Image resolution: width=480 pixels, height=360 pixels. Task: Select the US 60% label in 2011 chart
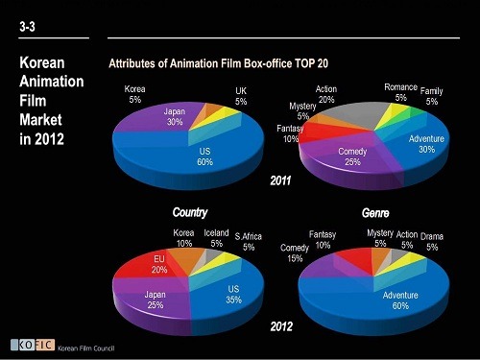pos(205,156)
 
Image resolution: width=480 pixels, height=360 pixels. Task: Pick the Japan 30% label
pos(175,116)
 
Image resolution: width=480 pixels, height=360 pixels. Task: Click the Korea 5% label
pos(135,93)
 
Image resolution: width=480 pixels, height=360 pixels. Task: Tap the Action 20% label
pos(326,94)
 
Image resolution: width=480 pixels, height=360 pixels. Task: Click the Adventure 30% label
pos(426,144)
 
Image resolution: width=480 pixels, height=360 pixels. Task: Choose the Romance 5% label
pos(400,92)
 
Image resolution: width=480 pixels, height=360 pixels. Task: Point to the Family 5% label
pos(432,96)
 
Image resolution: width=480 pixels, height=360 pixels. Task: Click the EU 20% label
pos(159,264)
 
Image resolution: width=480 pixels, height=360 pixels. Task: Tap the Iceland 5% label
pos(217,238)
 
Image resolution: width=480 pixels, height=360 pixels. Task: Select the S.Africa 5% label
pos(249,242)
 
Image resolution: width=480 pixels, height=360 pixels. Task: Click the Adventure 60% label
pos(401,301)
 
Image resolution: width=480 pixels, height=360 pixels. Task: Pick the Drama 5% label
pos(432,241)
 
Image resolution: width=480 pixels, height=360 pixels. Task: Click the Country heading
pos(189,211)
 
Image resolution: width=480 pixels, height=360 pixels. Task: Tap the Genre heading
pos(374,211)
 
